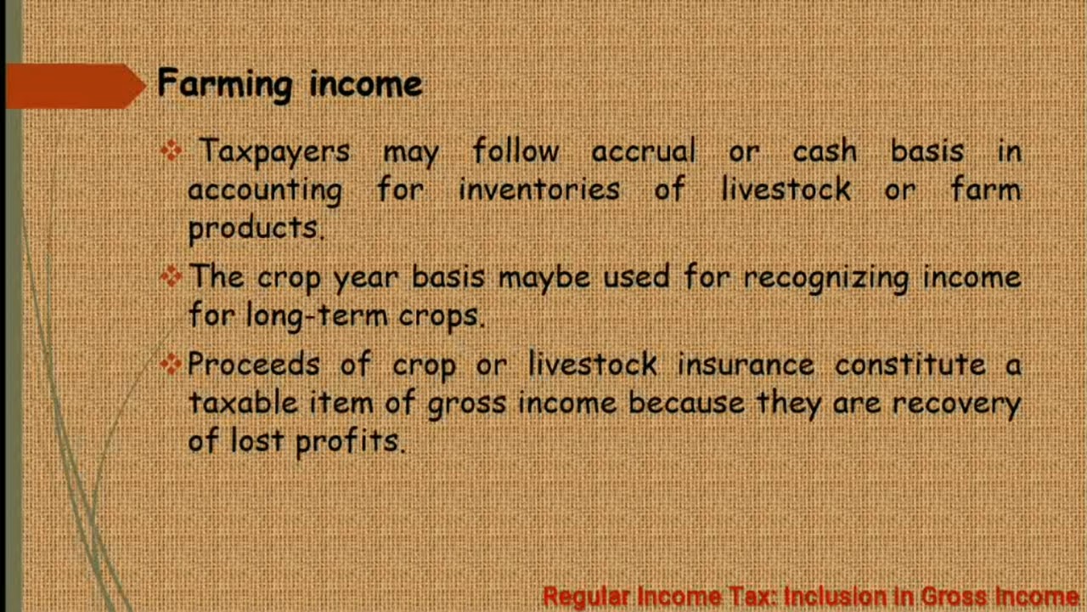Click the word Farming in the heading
coord(224,85)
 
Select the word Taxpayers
coord(273,152)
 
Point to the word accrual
coord(643,152)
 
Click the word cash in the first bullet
coord(824,152)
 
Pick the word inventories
coord(538,190)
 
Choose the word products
coord(254,228)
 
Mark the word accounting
coord(264,190)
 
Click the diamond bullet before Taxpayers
coord(172,151)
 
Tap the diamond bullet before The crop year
coord(172,275)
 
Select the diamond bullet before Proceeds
coord(172,364)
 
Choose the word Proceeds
coord(253,365)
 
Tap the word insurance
coord(745,365)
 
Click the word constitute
coord(910,365)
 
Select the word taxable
coord(242,402)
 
